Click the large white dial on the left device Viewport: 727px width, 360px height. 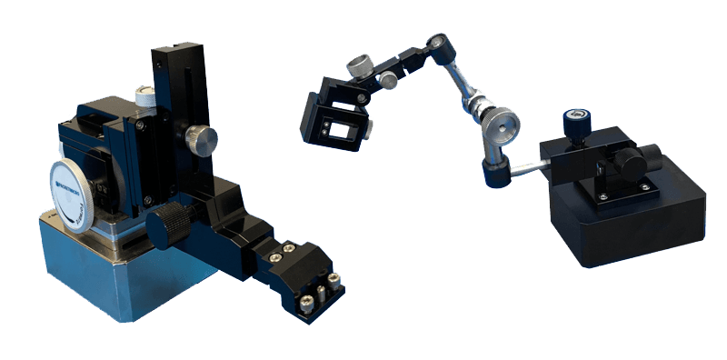click(x=79, y=187)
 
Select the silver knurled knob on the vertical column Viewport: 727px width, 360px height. click(x=202, y=140)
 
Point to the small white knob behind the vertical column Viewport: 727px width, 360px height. click(x=144, y=93)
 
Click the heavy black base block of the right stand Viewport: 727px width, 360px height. click(x=636, y=223)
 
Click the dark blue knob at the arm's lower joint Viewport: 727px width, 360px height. click(x=495, y=174)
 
